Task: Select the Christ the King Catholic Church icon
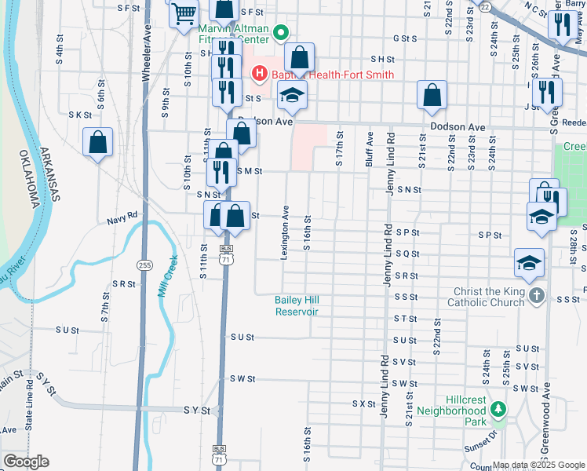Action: point(536,296)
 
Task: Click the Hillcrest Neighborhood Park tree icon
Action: point(497,408)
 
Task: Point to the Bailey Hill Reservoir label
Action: point(296,305)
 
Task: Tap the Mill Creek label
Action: point(170,272)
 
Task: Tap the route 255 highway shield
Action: point(144,265)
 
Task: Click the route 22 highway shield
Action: point(486,5)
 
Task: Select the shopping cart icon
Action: point(184,13)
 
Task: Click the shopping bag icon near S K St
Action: point(98,143)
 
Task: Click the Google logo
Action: point(26,462)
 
